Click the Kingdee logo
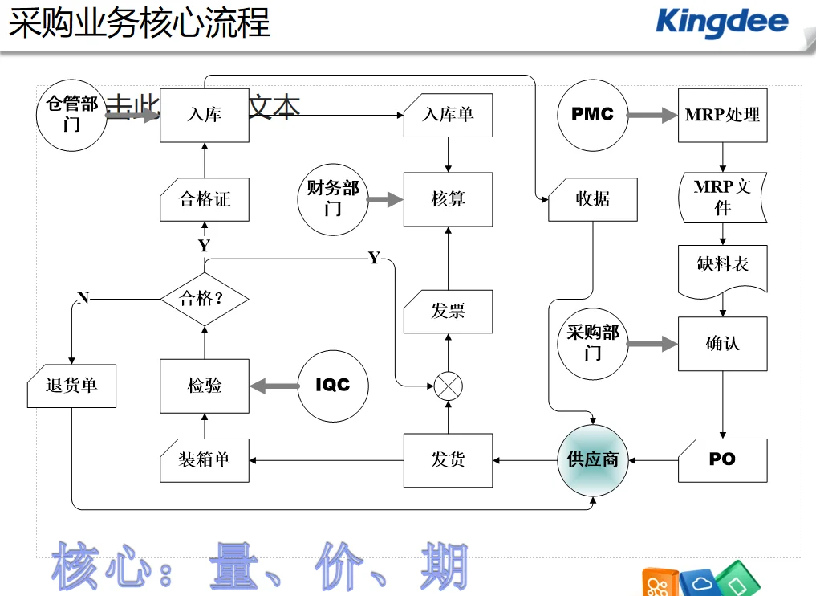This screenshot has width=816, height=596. click(721, 22)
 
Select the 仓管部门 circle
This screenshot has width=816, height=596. click(72, 115)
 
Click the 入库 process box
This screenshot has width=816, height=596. click(205, 115)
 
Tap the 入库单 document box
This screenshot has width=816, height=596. click(448, 115)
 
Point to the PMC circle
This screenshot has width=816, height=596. click(592, 115)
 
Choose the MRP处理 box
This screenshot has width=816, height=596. click(722, 115)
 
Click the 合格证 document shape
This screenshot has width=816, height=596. click(205, 199)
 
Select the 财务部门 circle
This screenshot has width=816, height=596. click(333, 199)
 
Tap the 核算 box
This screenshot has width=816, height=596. click(448, 199)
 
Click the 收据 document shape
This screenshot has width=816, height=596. click(593, 199)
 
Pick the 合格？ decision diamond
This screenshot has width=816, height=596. click(204, 299)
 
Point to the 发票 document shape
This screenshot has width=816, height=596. click(448, 312)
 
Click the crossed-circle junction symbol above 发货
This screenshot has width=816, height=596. click(449, 386)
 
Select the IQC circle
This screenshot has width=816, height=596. click(333, 386)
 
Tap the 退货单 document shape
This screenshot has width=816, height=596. click(72, 386)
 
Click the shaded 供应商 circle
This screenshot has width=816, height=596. click(593, 460)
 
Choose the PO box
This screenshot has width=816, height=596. click(722, 460)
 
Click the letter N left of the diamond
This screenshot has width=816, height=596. click(83, 299)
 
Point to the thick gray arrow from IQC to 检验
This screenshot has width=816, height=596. click(273, 386)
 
